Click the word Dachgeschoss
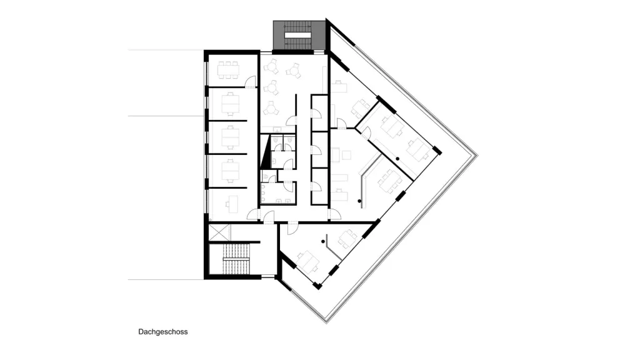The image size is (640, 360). coord(163,332)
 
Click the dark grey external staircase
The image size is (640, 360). coord(299,35)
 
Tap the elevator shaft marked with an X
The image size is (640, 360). coord(219,232)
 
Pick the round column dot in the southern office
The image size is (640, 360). coord(323,242)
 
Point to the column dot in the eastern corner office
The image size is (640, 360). coord(397,159)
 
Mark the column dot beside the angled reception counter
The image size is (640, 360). coord(359,201)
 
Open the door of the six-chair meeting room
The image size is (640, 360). coord(250,82)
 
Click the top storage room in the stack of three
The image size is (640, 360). coord(319,113)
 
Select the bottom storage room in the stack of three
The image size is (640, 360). coord(319,186)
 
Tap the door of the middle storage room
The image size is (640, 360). coord(317,150)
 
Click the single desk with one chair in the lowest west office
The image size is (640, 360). coord(233,204)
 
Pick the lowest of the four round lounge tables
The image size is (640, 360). coord(270,109)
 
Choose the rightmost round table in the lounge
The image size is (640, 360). coord(293,71)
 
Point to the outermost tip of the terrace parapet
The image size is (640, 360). coord(477,155)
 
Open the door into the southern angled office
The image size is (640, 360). coord(292,227)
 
